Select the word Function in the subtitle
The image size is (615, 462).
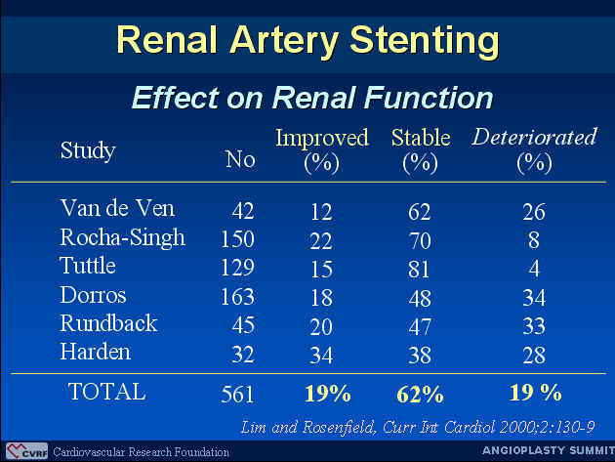pyautogui.click(x=429, y=98)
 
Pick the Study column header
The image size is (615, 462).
pyautogui.click(x=88, y=150)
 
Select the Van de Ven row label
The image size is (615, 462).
pyautogui.click(x=117, y=208)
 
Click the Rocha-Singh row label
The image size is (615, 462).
pyautogui.click(x=122, y=238)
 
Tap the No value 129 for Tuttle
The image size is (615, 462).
pyautogui.click(x=237, y=268)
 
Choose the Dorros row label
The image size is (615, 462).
pyautogui.click(x=93, y=295)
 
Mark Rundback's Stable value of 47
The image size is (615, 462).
pyautogui.click(x=420, y=326)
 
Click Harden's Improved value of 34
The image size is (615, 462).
pyautogui.click(x=321, y=355)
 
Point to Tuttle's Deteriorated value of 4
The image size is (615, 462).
pyautogui.click(x=534, y=269)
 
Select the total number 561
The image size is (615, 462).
pyautogui.click(x=237, y=395)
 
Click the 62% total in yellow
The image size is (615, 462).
pyautogui.click(x=420, y=394)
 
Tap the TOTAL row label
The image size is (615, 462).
pyautogui.click(x=106, y=392)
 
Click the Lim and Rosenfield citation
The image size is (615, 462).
pyautogui.click(x=418, y=427)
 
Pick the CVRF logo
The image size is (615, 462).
pyautogui.click(x=26, y=451)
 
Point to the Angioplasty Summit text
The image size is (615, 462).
pyautogui.click(x=549, y=450)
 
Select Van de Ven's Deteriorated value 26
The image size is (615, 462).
pyautogui.click(x=534, y=212)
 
